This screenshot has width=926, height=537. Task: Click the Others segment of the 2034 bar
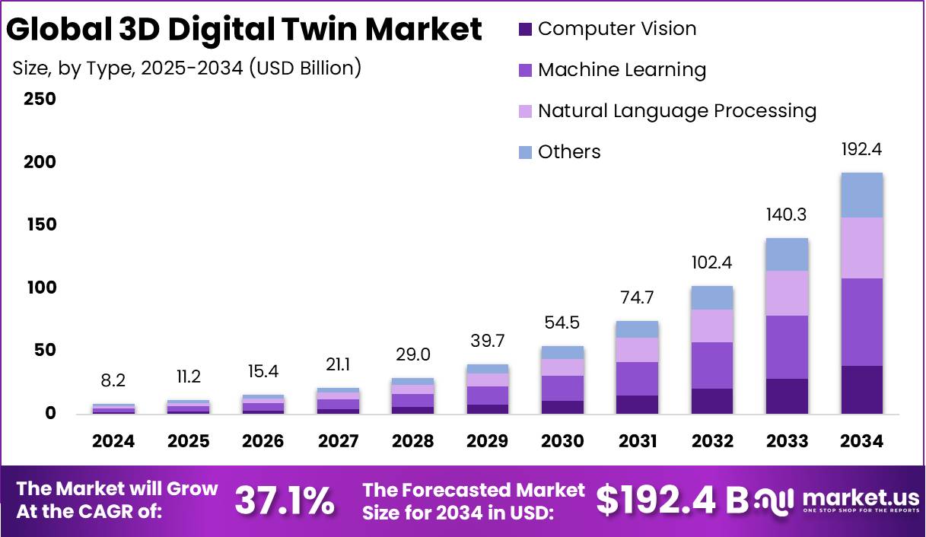pos(861,195)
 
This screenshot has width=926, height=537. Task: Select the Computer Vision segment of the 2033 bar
pos(787,396)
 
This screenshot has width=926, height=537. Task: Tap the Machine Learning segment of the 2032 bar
pos(712,365)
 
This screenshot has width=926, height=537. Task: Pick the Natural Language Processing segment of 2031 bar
pos(638,349)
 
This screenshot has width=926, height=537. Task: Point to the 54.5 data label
pos(563,323)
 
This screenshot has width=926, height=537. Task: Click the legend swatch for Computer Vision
pos(525,30)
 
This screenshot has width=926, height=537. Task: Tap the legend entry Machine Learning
pos(622,70)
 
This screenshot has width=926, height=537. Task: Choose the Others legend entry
pos(569,152)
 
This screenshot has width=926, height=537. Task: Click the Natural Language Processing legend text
pos(676,111)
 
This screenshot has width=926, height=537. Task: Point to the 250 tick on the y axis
pos(40,100)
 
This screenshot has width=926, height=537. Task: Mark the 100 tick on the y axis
pos(40,288)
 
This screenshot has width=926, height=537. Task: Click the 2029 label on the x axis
pos(488,441)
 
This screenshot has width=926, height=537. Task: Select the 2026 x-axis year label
pos(263,441)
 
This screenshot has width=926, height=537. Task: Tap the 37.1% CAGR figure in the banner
pos(284,500)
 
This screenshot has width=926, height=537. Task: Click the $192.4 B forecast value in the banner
pos(672,500)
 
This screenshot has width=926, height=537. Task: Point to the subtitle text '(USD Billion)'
pos(308,68)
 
